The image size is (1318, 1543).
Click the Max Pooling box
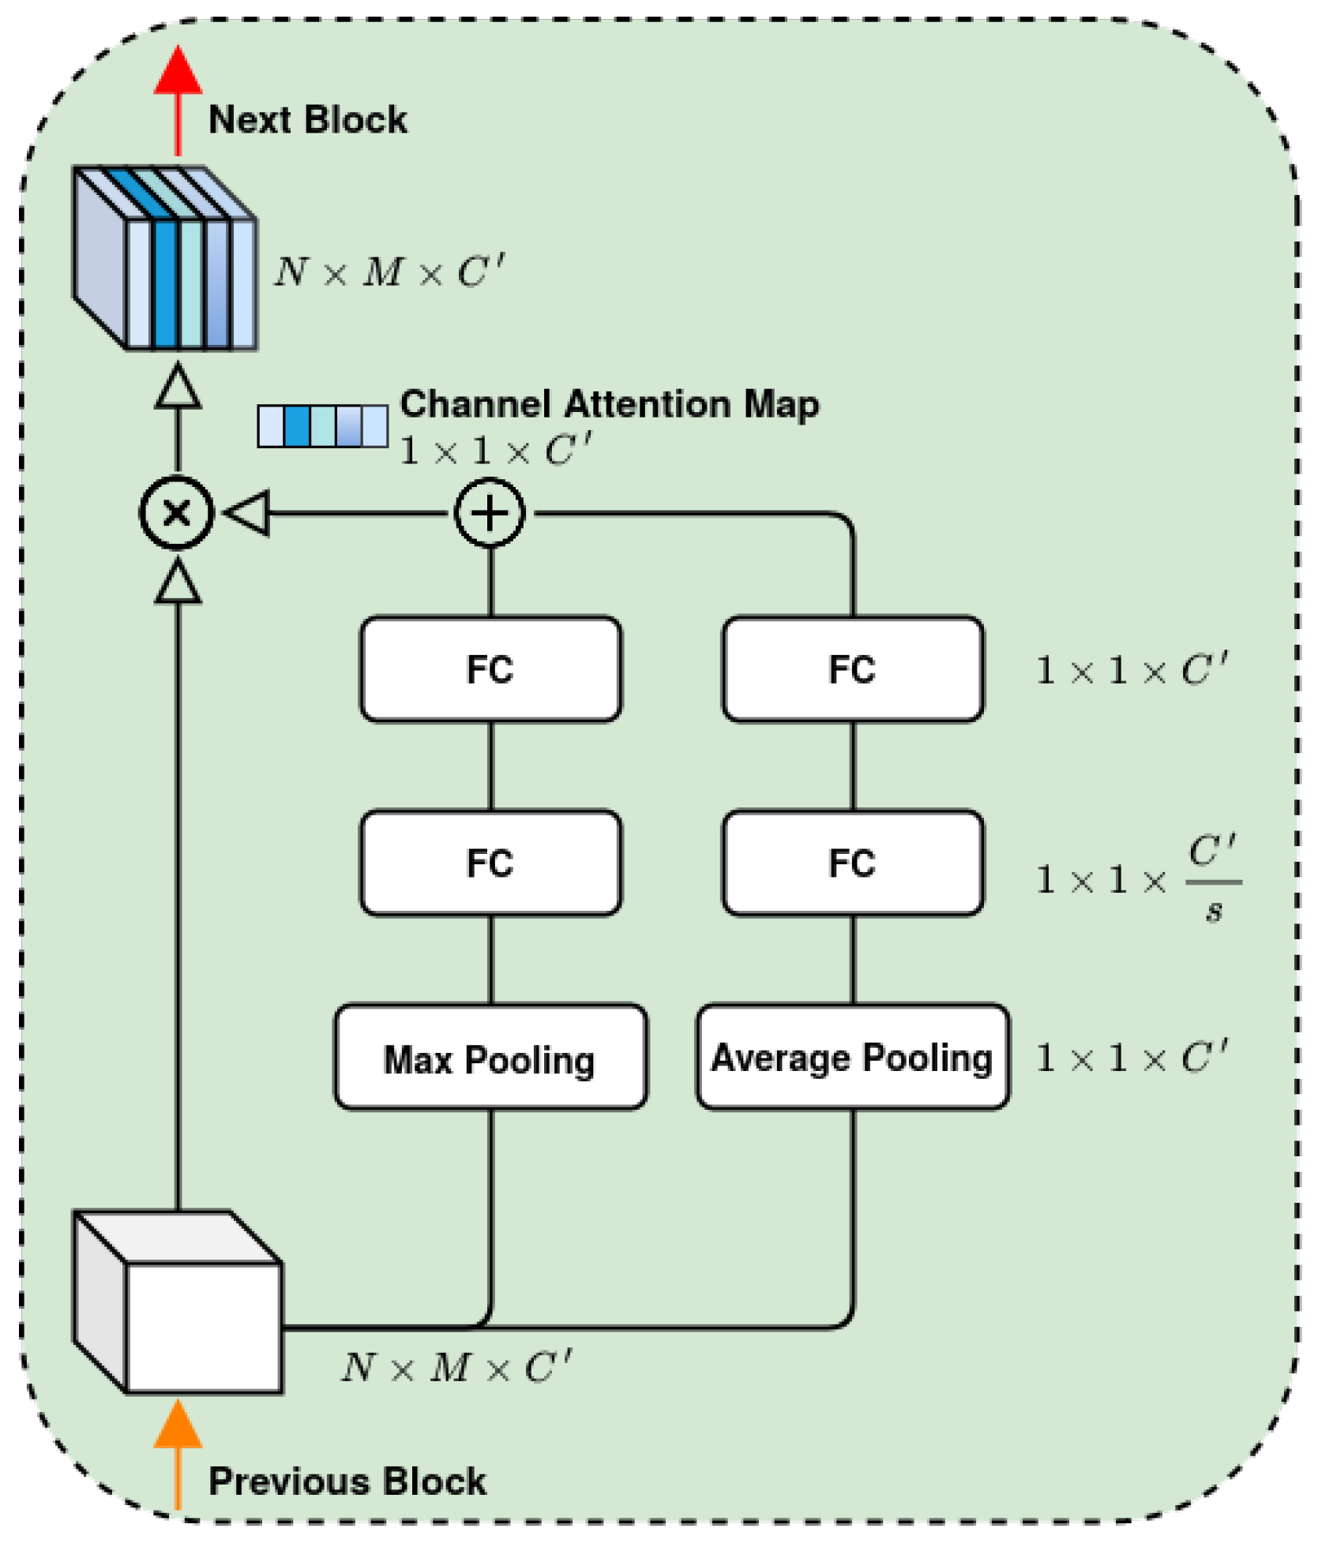pyautogui.click(x=490, y=1057)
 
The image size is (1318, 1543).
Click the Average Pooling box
pyautogui.click(x=851, y=1057)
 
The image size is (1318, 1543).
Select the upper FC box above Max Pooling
pyautogui.click(x=490, y=669)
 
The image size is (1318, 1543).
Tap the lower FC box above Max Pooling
pyautogui.click(x=490, y=863)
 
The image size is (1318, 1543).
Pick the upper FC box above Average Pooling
pyautogui.click(x=851, y=669)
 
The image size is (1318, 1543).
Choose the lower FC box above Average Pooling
pyautogui.click(x=851, y=863)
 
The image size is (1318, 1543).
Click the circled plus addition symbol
pyautogui.click(x=490, y=513)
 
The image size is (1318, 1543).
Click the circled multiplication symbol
pyautogui.click(x=176, y=513)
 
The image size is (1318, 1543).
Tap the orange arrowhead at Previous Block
pyautogui.click(x=178, y=1425)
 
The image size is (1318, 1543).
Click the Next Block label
pyautogui.click(x=307, y=120)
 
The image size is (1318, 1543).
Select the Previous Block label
pyautogui.click(x=347, y=1481)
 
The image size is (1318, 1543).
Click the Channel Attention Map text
pyautogui.click(x=609, y=404)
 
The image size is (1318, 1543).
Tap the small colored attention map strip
pyautogui.click(x=322, y=426)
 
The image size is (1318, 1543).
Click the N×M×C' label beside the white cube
pyautogui.click(x=456, y=1368)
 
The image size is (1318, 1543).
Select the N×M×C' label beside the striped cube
pyautogui.click(x=389, y=272)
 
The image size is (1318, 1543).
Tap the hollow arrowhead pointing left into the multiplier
pyautogui.click(x=249, y=513)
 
